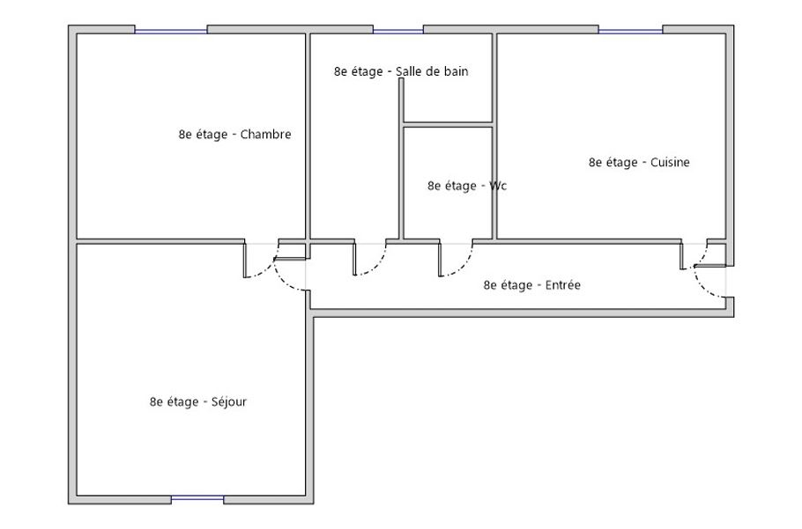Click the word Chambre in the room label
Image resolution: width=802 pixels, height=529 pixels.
click(x=265, y=135)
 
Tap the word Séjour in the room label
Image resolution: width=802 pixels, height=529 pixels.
click(x=228, y=402)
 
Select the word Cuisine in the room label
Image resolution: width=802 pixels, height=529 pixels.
click(x=670, y=162)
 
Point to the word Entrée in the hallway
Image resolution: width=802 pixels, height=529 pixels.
click(x=562, y=285)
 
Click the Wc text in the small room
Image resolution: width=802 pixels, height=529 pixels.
click(x=498, y=186)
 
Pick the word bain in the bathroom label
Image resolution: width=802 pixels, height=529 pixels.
click(x=456, y=71)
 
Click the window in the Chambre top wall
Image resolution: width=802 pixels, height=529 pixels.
click(x=171, y=31)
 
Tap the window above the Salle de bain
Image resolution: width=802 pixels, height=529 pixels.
click(x=398, y=31)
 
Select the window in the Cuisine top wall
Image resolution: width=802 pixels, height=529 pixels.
click(x=630, y=31)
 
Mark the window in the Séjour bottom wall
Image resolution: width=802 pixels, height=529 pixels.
click(x=197, y=498)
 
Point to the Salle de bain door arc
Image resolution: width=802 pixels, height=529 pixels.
click(x=377, y=266)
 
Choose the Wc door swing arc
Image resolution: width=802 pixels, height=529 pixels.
click(x=464, y=267)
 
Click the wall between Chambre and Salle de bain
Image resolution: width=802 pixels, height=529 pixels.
click(x=308, y=136)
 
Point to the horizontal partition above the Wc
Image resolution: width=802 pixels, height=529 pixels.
click(x=448, y=125)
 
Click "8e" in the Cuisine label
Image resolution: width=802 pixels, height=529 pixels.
click(x=595, y=162)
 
